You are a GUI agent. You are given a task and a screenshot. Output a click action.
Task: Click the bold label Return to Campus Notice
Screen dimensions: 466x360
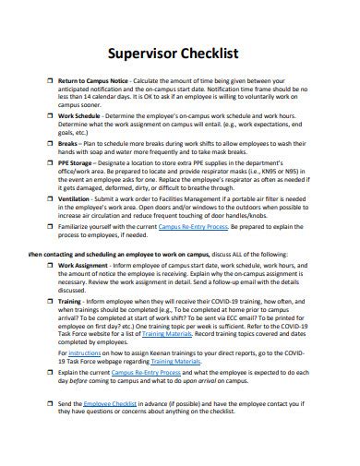click(x=95, y=81)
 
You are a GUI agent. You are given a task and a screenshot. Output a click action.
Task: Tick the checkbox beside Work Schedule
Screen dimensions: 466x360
click(x=49, y=116)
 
